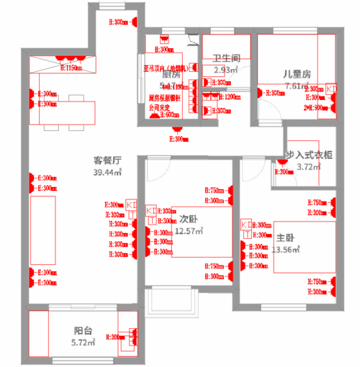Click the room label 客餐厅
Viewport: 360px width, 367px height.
coord(107,160)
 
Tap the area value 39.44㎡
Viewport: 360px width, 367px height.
coord(107,173)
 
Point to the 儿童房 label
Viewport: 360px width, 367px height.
coord(296,74)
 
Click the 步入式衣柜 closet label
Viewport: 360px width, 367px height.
coord(310,155)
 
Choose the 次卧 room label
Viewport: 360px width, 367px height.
coord(189,219)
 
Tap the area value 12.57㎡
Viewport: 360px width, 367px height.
coord(189,231)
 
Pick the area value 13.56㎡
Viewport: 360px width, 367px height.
coord(284,249)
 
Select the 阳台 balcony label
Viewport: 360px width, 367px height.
coord(82,330)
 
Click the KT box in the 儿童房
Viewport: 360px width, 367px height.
coord(330,88)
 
